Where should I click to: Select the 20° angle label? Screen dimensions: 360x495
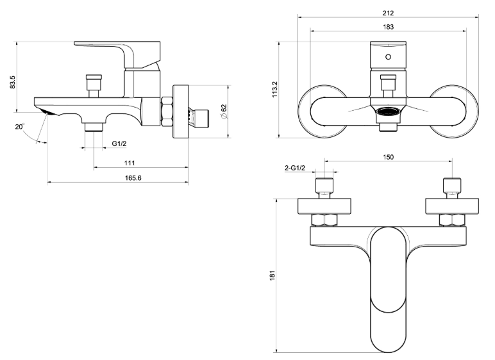[x=21, y=127]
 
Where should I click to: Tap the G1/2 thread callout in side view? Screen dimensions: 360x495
[x=119, y=143]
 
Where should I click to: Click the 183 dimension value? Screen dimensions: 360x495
[x=387, y=27]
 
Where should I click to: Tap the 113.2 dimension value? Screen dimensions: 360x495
[x=274, y=91]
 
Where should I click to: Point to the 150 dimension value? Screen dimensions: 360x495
[x=389, y=157]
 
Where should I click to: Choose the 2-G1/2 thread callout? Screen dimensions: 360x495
[x=295, y=168]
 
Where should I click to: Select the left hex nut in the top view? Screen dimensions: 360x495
[x=324, y=220]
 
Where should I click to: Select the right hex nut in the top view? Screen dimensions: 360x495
[x=453, y=220]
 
